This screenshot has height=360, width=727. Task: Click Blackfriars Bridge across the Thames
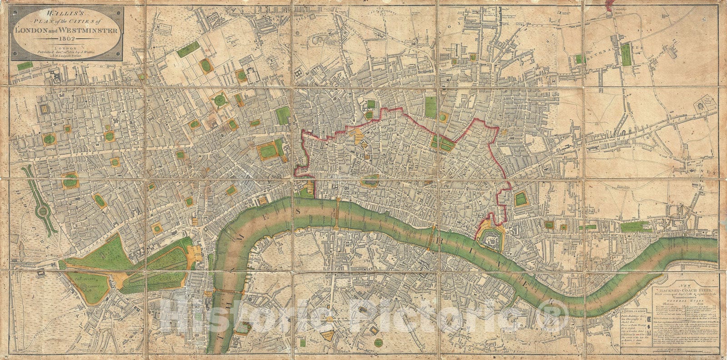[338, 213]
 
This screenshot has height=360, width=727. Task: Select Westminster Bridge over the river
[226, 291]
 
